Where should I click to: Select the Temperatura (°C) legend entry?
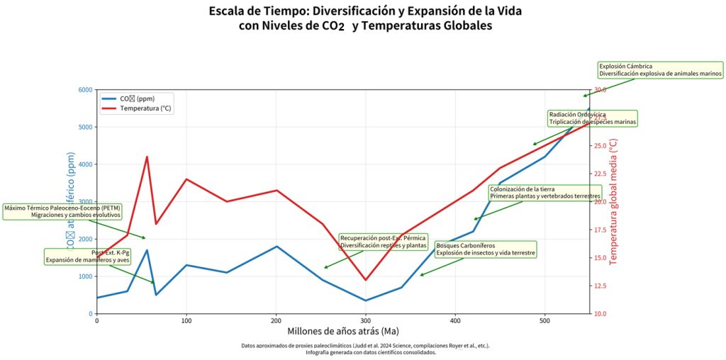click(x=145, y=108)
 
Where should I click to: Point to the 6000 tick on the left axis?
click(x=84, y=90)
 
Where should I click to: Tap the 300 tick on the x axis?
click(x=366, y=321)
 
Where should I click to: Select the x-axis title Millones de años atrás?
click(x=342, y=331)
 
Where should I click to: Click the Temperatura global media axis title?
click(x=614, y=201)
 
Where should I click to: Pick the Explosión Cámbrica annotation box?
click(x=660, y=69)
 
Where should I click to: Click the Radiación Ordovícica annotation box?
click(x=593, y=118)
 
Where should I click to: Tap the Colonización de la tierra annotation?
click(x=544, y=193)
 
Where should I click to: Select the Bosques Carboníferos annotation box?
click(x=486, y=249)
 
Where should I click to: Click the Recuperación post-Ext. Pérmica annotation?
click(x=383, y=242)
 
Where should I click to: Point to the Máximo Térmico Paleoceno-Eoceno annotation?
click(x=62, y=211)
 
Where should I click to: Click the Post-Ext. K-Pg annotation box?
click(x=89, y=256)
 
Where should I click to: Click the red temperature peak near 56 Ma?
click(x=147, y=157)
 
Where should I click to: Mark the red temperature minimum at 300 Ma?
click(x=366, y=280)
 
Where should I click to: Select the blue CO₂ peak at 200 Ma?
click(x=277, y=246)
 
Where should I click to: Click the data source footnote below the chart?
click(x=365, y=349)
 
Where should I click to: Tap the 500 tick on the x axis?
click(x=544, y=321)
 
